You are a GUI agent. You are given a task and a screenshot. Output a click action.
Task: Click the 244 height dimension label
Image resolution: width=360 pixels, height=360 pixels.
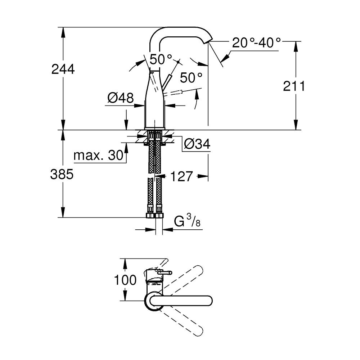(63, 69)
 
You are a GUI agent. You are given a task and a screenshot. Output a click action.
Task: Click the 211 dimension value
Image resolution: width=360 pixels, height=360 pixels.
(294, 86)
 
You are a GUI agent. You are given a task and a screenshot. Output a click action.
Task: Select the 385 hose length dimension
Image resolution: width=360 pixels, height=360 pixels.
(62, 175)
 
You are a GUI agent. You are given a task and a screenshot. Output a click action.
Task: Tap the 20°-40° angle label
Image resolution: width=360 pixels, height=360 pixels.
(256, 43)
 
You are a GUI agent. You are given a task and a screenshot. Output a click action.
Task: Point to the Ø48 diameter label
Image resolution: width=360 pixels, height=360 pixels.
(121, 98)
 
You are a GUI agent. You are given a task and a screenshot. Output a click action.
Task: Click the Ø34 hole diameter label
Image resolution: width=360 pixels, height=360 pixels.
(197, 144)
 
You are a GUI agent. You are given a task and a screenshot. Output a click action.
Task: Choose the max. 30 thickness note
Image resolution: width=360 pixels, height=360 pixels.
(97, 156)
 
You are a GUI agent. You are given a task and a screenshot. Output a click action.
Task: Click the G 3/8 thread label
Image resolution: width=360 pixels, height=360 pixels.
(187, 221)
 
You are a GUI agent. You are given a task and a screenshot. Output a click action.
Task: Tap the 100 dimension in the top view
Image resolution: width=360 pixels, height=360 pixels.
(125, 280)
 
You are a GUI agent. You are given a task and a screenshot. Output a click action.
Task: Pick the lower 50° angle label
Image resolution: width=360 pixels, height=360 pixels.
(191, 77)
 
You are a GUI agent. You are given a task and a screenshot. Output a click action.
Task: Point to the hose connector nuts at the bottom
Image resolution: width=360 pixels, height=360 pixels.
(154, 216)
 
